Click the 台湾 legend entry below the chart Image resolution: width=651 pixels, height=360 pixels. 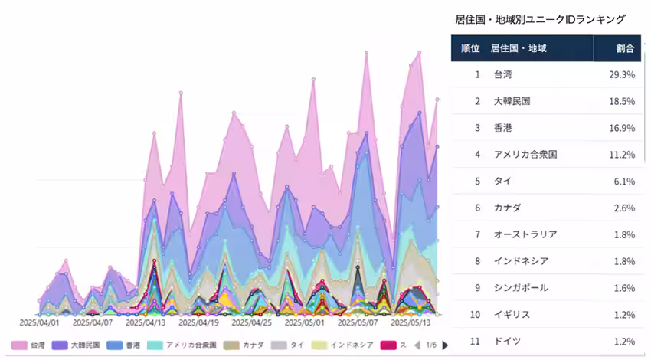31,345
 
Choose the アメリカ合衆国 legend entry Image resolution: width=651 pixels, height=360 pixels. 184,345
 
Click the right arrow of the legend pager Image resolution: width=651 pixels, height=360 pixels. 445,345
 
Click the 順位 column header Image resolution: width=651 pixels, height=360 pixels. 469,48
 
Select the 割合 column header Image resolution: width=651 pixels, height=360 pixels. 625,48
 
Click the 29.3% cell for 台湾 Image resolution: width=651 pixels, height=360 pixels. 621,74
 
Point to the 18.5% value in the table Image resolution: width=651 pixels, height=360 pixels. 621,101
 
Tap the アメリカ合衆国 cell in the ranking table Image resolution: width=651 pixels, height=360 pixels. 525,155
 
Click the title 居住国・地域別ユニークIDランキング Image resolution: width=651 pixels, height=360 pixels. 540,19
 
